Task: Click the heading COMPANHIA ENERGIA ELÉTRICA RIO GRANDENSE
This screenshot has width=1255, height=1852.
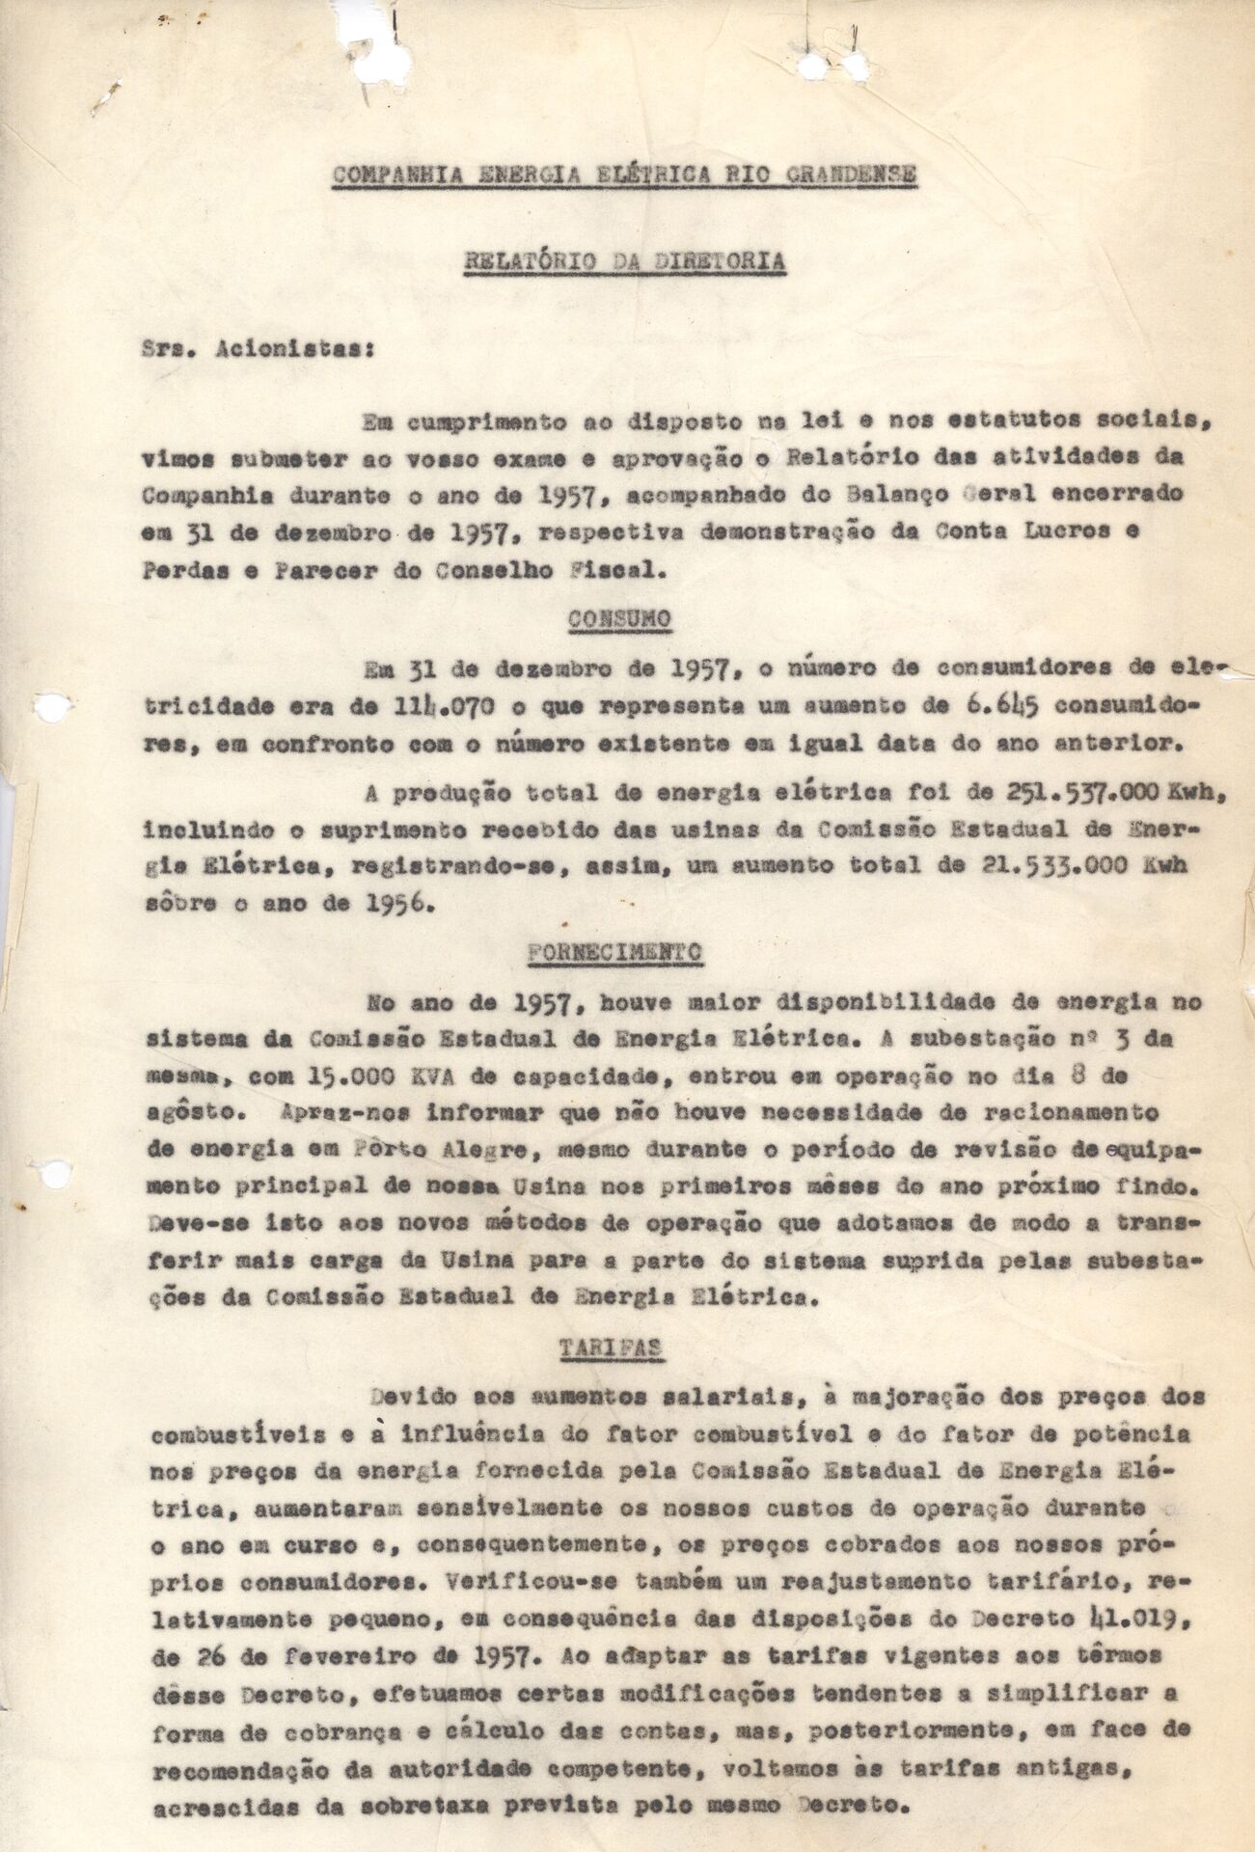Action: click(x=624, y=175)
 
